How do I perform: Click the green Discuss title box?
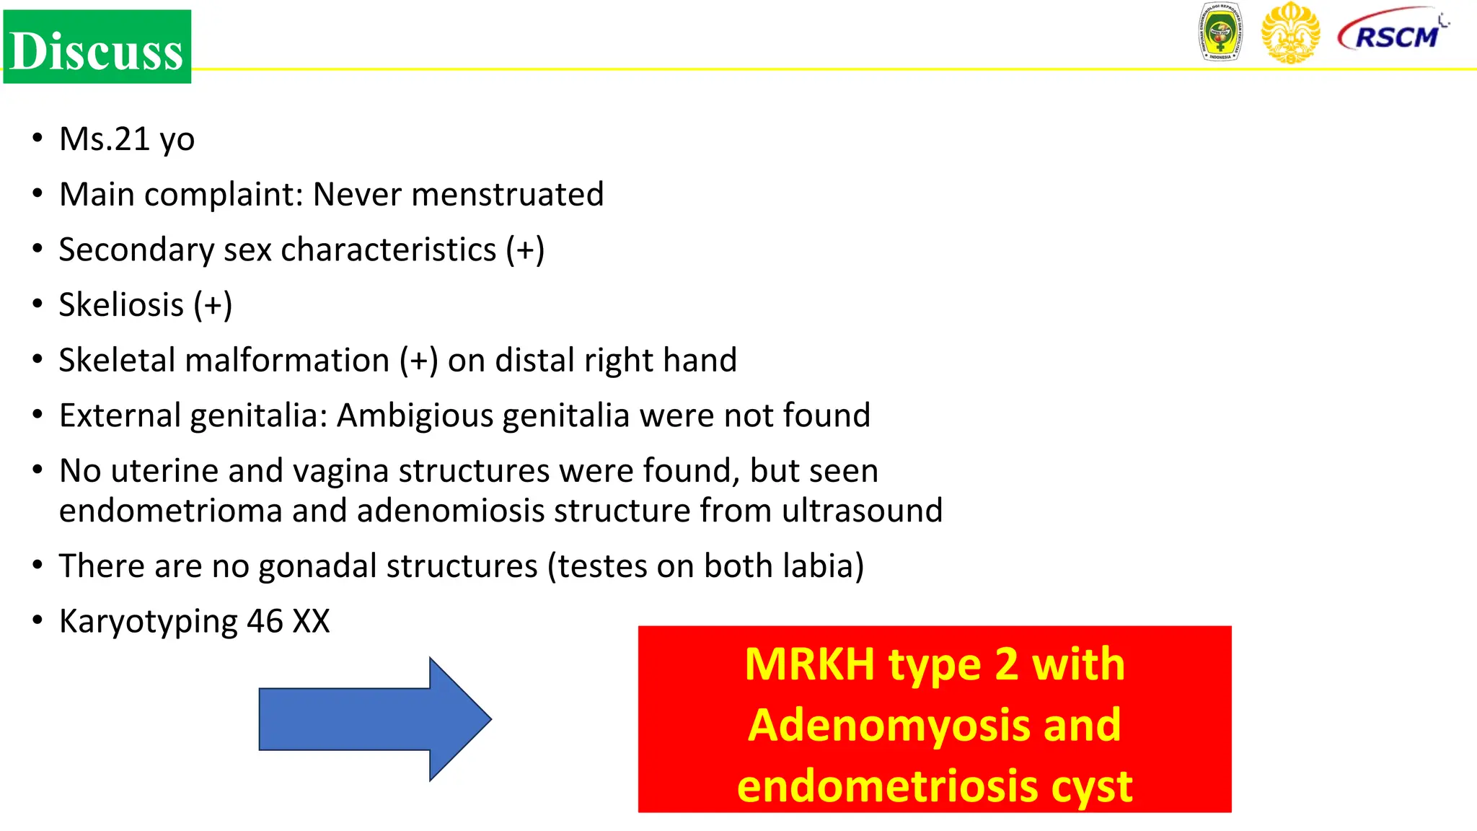click(x=97, y=47)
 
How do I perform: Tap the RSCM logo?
click(x=1393, y=32)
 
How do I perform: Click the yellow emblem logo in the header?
click(x=1290, y=32)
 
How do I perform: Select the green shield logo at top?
click(x=1220, y=32)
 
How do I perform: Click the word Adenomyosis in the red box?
click(x=889, y=725)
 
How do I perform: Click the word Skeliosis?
click(x=121, y=304)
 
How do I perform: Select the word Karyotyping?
click(x=148, y=621)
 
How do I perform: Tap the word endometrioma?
click(x=170, y=511)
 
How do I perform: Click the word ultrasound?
click(x=862, y=511)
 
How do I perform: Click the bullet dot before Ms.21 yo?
click(x=38, y=137)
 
